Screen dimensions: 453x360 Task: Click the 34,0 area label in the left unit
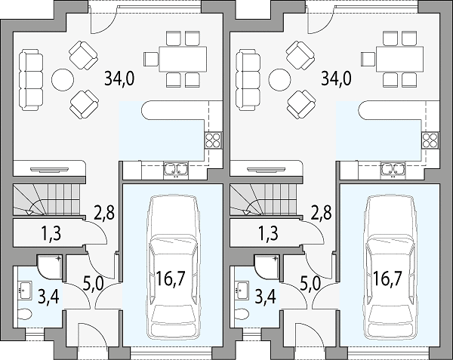click(119, 78)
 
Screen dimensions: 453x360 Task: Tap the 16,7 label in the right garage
click(387, 278)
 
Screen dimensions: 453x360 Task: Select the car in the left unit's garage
click(172, 268)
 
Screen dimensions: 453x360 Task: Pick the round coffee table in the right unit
click(279, 80)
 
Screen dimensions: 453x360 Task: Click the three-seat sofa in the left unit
click(31, 80)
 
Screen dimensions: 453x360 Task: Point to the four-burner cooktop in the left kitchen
click(214, 140)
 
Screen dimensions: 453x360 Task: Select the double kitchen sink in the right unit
click(393, 168)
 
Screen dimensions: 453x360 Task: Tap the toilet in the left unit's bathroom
click(25, 314)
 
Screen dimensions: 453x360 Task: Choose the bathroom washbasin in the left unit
click(24, 289)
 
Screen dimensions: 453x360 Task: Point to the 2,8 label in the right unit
click(322, 212)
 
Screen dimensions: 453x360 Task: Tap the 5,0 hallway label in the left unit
click(94, 285)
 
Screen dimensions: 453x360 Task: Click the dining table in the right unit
click(400, 59)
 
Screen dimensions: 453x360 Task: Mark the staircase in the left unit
click(46, 200)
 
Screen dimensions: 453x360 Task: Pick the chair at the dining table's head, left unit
click(151, 59)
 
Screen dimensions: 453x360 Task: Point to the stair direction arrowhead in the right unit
click(246, 213)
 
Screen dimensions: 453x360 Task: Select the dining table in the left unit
click(183, 59)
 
